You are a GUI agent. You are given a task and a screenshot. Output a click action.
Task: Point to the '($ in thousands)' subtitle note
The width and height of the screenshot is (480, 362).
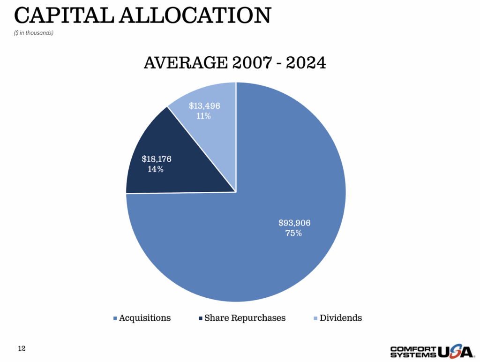33,33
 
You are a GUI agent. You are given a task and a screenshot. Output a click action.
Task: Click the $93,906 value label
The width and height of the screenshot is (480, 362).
294,223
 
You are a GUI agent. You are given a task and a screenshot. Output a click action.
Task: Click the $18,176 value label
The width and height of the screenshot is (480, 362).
157,159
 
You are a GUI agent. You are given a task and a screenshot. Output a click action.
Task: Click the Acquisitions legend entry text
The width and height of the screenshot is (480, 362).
145,318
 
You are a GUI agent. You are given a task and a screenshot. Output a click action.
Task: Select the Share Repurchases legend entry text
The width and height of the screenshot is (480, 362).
245,318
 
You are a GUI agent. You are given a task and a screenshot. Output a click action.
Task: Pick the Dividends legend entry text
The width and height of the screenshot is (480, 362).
341,318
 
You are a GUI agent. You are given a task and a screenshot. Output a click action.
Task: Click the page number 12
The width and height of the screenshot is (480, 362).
22,348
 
